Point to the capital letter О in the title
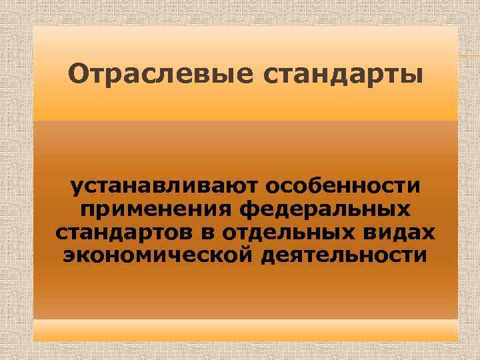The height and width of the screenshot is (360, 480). click(x=78, y=75)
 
